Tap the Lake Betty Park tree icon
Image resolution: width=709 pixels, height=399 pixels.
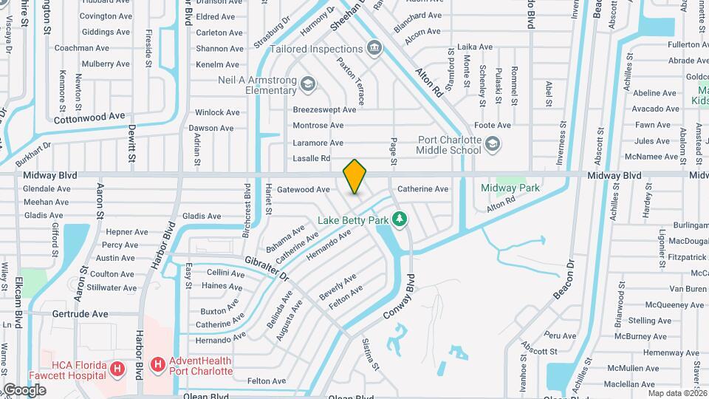[400, 219]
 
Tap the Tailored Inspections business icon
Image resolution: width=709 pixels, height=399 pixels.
[375, 49]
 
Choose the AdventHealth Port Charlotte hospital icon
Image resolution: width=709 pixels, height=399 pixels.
[157, 364]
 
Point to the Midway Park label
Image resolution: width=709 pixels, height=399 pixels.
[510, 188]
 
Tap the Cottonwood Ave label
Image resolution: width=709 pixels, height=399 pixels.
[90, 117]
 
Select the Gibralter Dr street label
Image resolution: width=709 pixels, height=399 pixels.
[267, 267]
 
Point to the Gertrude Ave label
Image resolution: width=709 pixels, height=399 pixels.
[81, 314]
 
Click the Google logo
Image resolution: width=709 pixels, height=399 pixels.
[24, 390]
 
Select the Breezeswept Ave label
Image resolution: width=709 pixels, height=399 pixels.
[324, 109]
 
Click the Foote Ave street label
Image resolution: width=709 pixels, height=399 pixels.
[493, 125]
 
